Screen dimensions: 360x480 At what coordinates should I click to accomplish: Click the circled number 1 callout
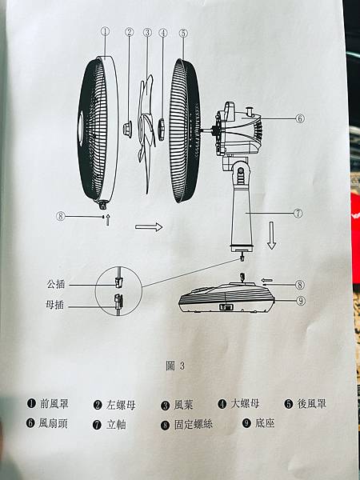pos(105,31)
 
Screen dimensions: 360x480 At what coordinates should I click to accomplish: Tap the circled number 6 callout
pos(300,118)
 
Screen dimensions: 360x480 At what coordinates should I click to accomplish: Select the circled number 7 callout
pos(298,214)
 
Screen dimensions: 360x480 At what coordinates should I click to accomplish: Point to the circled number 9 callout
pos(301,301)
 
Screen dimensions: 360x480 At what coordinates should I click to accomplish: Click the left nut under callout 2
pos(128,129)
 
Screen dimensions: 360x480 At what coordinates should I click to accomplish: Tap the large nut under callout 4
pos(161,129)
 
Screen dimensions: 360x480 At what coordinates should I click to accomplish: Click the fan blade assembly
pos(146,134)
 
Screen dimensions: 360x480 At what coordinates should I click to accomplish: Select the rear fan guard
pos(185,130)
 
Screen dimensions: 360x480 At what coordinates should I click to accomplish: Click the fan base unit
pos(227,297)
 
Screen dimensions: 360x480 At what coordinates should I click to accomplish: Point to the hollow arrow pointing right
pos(149,227)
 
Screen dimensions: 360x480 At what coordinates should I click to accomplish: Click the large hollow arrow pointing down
pos(271,235)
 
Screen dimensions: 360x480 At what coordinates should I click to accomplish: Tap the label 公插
pos(56,284)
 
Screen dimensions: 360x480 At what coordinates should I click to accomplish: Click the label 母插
pos(54,306)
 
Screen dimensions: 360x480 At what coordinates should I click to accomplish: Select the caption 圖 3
pos(175,366)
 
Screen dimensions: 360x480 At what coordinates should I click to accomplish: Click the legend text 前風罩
pos(54,404)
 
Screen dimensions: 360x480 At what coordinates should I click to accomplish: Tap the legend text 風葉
pos(183,405)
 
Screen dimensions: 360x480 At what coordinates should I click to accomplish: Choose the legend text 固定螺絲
pos(193,425)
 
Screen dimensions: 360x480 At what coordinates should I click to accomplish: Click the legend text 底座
pos(265,423)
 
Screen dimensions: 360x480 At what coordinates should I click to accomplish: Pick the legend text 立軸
pos(116,425)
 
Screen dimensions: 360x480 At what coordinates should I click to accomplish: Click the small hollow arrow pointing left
pos(266,280)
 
